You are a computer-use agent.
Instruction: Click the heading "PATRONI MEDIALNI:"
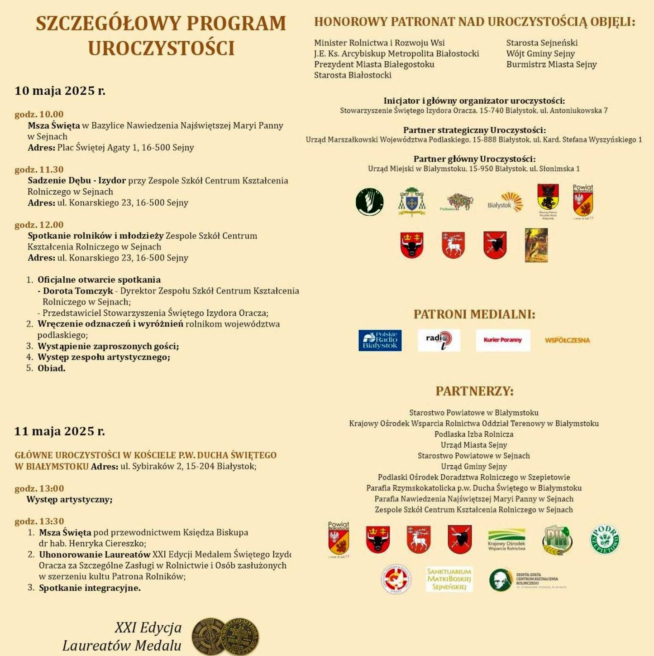(x=474, y=314)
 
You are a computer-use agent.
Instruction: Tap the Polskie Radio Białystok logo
(x=380, y=340)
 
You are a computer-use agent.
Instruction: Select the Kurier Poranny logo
(x=502, y=340)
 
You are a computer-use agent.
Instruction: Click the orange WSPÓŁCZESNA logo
(x=567, y=340)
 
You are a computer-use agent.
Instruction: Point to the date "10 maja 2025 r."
(x=60, y=91)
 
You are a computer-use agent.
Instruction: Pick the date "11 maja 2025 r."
(x=60, y=431)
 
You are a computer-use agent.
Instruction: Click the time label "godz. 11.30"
(x=39, y=169)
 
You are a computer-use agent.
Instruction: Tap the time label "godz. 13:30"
(x=39, y=521)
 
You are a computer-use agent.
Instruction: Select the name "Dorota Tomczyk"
(x=78, y=291)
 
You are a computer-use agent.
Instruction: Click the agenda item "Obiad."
(x=52, y=368)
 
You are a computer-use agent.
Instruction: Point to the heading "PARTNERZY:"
(x=474, y=391)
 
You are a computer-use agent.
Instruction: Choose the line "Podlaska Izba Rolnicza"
(x=474, y=434)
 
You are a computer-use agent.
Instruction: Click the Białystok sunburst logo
(x=506, y=203)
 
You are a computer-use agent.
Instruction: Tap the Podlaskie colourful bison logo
(x=457, y=202)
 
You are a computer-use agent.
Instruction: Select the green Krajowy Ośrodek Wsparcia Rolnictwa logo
(x=506, y=539)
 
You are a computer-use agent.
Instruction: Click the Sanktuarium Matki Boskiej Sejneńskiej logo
(x=449, y=579)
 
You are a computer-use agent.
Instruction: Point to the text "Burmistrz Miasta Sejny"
(x=551, y=64)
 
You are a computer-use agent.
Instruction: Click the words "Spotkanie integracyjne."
(x=90, y=588)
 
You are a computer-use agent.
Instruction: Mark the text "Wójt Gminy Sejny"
(x=540, y=53)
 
